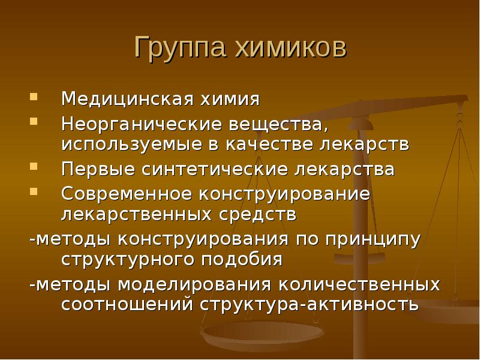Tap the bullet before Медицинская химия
click(x=34, y=96)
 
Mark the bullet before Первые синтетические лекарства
click(x=34, y=167)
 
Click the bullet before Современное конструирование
click(x=34, y=192)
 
